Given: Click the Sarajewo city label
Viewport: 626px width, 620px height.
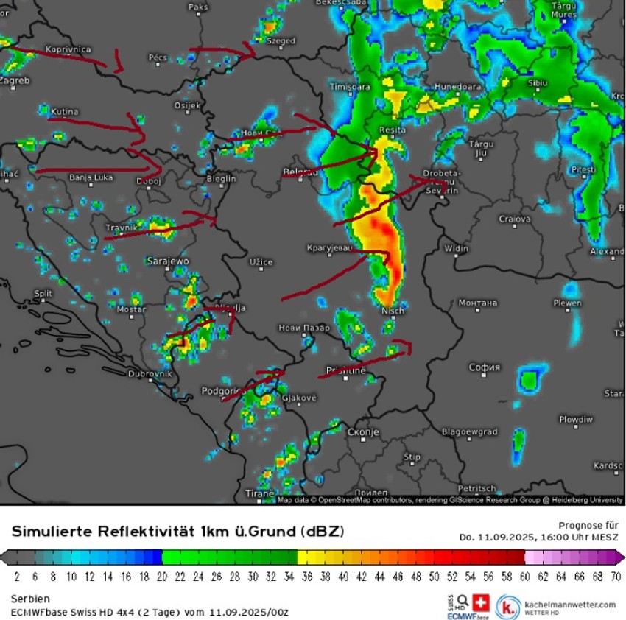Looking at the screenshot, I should coord(168,261).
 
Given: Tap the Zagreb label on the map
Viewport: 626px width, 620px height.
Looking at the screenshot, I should coord(15,80).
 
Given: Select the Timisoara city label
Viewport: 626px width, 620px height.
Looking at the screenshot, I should coord(350,87).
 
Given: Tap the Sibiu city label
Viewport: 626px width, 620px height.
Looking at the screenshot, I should coord(538,83).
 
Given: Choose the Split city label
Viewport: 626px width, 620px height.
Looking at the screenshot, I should coord(43,294).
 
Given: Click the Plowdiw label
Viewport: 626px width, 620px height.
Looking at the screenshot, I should coord(575,420).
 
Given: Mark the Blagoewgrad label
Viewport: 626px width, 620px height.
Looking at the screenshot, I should coord(469,431).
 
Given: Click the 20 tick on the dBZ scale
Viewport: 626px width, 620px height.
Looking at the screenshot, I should coord(161,576).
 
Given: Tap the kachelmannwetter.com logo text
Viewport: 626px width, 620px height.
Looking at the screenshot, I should coord(569,604).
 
